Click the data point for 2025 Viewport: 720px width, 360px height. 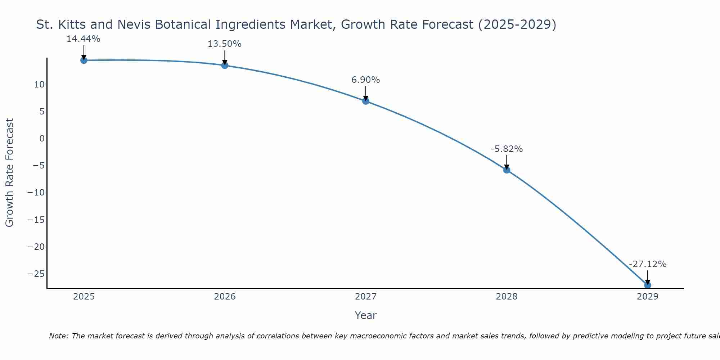[84, 60]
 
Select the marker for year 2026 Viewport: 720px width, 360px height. [225, 65]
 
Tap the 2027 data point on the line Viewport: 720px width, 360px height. [366, 101]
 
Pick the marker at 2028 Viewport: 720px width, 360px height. [507, 170]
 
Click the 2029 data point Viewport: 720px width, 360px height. [648, 285]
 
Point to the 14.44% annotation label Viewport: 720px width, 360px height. [83, 39]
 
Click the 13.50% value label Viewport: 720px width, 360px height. [224, 44]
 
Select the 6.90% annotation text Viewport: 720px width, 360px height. [365, 80]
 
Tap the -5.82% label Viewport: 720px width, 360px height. [507, 149]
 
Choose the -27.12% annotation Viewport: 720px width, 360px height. [648, 264]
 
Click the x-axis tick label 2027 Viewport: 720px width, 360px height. [366, 297]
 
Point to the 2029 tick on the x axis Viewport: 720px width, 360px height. [648, 297]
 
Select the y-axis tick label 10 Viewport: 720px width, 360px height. [39, 85]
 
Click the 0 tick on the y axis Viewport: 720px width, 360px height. [42, 139]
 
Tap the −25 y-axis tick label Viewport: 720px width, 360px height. [36, 274]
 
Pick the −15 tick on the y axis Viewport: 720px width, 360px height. [36, 220]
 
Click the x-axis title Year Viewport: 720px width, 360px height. [365, 315]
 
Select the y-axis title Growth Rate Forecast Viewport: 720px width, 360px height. [10, 173]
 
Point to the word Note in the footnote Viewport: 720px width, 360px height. [58, 336]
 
